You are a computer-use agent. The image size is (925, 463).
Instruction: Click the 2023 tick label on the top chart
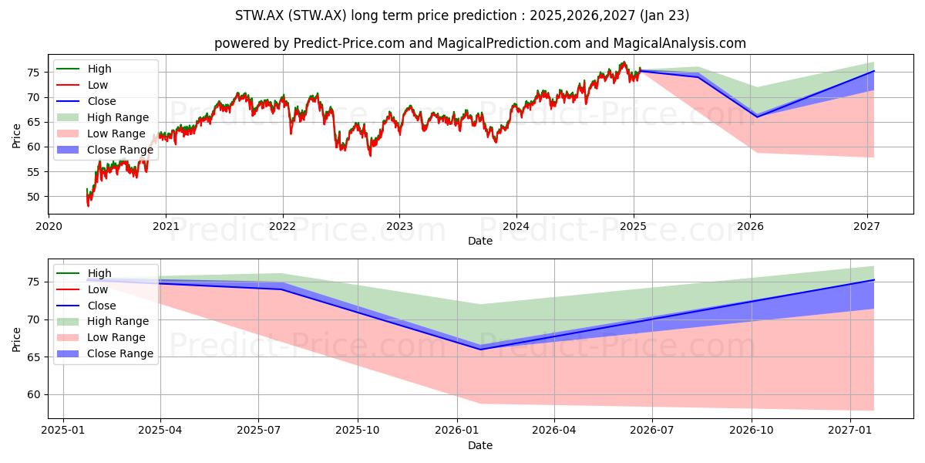tap(399, 227)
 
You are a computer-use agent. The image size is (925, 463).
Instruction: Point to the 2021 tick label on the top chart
tap(166, 227)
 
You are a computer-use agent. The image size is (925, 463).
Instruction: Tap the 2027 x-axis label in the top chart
tap(867, 227)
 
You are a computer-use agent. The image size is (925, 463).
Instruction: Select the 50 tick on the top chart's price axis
tap(33, 197)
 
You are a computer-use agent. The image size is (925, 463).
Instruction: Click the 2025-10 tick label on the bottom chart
tap(358, 431)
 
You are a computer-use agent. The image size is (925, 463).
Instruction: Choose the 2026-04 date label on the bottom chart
tap(554, 431)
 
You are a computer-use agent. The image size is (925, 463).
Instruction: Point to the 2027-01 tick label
tap(850, 431)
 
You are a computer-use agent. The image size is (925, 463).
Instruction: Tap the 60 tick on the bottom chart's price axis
tap(33, 395)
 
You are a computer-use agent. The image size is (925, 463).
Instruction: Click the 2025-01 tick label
tap(63, 431)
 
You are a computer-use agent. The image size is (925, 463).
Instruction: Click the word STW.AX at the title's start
tap(259, 15)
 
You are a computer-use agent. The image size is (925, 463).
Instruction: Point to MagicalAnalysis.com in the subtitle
tap(679, 43)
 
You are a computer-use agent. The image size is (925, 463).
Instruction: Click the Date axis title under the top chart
tap(479, 241)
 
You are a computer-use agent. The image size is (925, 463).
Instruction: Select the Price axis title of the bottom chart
tap(16, 340)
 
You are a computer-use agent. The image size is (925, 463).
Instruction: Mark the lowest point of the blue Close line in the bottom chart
tap(479, 350)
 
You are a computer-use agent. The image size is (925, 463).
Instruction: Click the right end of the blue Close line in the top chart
tap(874, 71)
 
